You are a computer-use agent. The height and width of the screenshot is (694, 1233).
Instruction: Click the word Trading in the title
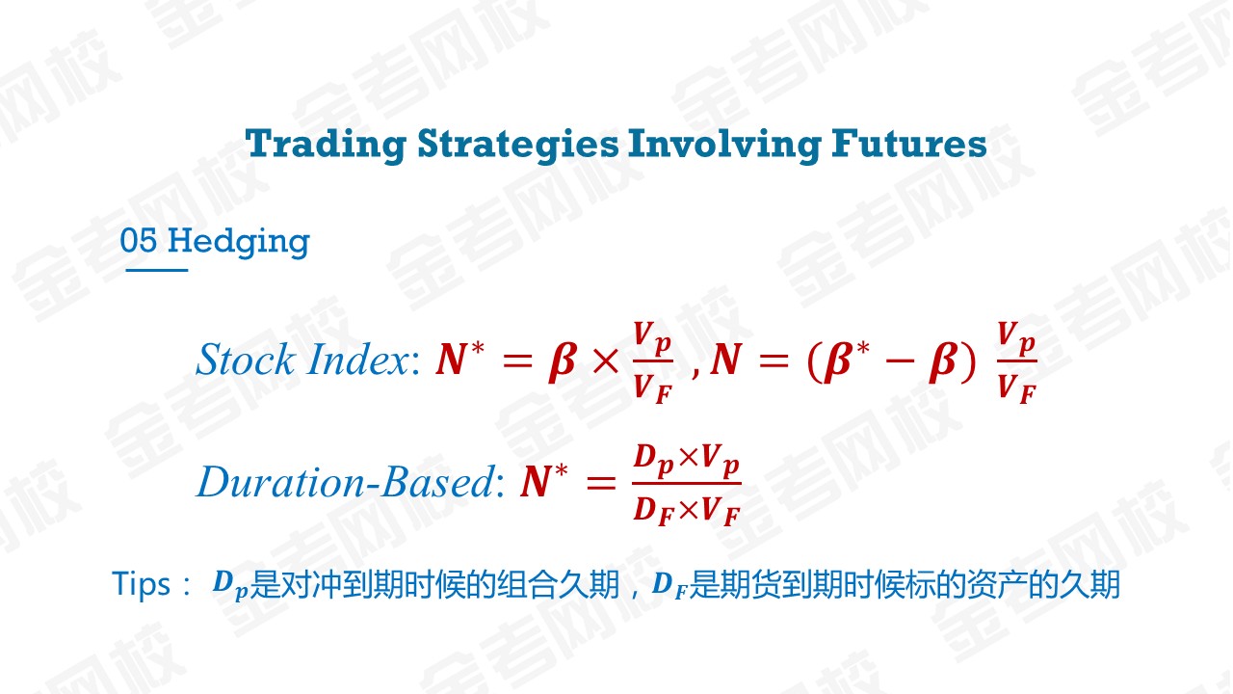[x=326, y=145]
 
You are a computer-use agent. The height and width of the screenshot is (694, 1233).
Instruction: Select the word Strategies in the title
[x=518, y=145]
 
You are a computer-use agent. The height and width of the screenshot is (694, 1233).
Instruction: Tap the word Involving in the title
[x=724, y=145]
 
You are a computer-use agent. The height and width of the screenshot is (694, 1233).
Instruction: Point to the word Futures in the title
[x=908, y=144]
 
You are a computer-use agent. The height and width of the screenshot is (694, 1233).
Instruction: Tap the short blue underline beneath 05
[x=157, y=270]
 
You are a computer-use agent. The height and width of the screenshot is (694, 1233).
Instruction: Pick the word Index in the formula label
[x=358, y=360]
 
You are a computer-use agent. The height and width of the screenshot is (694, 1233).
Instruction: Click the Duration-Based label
[x=346, y=482]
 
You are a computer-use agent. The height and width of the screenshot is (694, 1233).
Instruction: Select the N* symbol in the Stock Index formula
[x=459, y=359]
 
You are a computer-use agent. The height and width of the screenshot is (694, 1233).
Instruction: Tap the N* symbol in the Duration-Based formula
[x=544, y=481]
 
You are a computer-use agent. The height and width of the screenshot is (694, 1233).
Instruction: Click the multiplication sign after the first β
[x=606, y=361]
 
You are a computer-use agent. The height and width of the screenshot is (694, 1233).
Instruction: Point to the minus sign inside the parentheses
[x=899, y=361]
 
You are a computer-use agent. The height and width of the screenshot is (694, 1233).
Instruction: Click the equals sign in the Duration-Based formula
[x=601, y=484]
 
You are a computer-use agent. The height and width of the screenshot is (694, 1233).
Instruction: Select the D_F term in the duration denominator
[x=654, y=511]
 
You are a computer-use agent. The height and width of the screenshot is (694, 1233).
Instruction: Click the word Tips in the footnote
[x=141, y=584]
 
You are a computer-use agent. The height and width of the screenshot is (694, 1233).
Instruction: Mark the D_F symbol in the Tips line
[x=669, y=585]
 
